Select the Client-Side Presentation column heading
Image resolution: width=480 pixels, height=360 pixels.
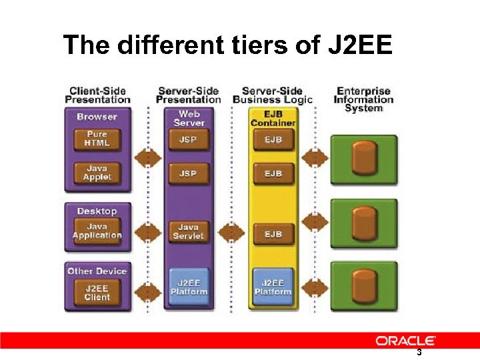coord(97,95)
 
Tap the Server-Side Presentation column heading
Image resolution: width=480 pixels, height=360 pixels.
coord(189,95)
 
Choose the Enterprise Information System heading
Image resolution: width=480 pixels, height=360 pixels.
coord(363,99)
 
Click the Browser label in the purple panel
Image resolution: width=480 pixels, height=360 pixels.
coord(97,117)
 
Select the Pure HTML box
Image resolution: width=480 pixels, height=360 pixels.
coord(97,139)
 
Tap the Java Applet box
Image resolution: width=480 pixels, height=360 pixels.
coord(97,173)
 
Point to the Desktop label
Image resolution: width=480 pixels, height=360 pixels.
coord(97,211)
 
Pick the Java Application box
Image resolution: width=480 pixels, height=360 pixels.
coord(97,231)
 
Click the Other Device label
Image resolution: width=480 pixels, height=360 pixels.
coord(97,271)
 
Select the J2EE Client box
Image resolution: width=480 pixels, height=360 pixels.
coord(97,292)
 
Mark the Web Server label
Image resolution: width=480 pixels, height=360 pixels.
coord(189,118)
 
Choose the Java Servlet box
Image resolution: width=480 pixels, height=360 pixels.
coord(189,231)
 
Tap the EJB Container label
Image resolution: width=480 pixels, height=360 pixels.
coord(273,118)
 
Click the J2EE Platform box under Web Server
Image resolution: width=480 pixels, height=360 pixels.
coord(189,287)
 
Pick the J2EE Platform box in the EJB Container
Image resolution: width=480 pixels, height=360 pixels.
coord(273,287)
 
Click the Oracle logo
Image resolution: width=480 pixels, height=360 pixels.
coord(405,341)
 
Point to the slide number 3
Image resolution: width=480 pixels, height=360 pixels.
coord(419,353)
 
